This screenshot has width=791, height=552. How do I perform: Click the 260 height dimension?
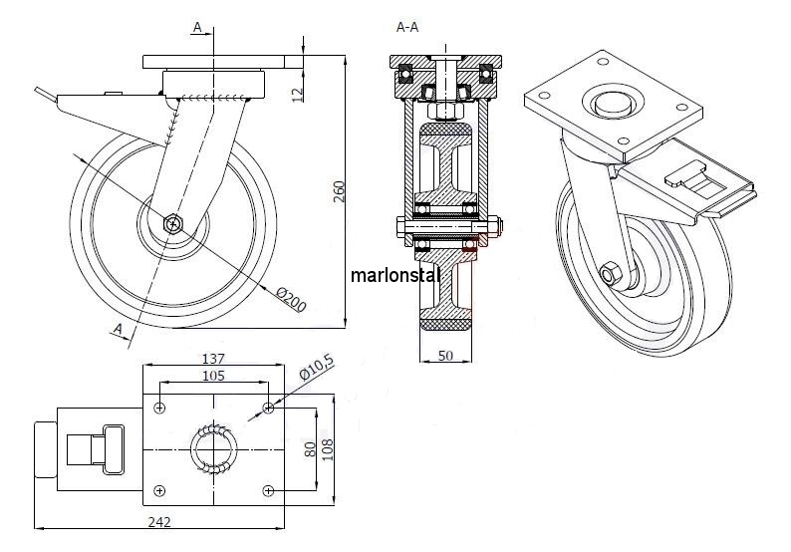[x=338, y=190]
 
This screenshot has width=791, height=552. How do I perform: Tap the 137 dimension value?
[x=213, y=359]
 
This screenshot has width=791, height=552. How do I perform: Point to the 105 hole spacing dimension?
[x=213, y=376]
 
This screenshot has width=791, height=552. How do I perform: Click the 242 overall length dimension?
[x=159, y=521]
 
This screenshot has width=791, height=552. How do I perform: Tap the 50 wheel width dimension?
[x=444, y=354]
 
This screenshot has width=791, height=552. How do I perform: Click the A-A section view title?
[x=407, y=28]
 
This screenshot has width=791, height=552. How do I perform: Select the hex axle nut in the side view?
[x=173, y=222]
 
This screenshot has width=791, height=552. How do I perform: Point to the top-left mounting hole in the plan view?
[x=159, y=406]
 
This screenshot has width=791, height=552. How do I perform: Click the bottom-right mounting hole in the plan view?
[x=268, y=489]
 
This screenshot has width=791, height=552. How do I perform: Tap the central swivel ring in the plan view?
[x=214, y=447]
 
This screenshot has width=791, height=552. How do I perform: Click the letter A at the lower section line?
[x=119, y=329]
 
